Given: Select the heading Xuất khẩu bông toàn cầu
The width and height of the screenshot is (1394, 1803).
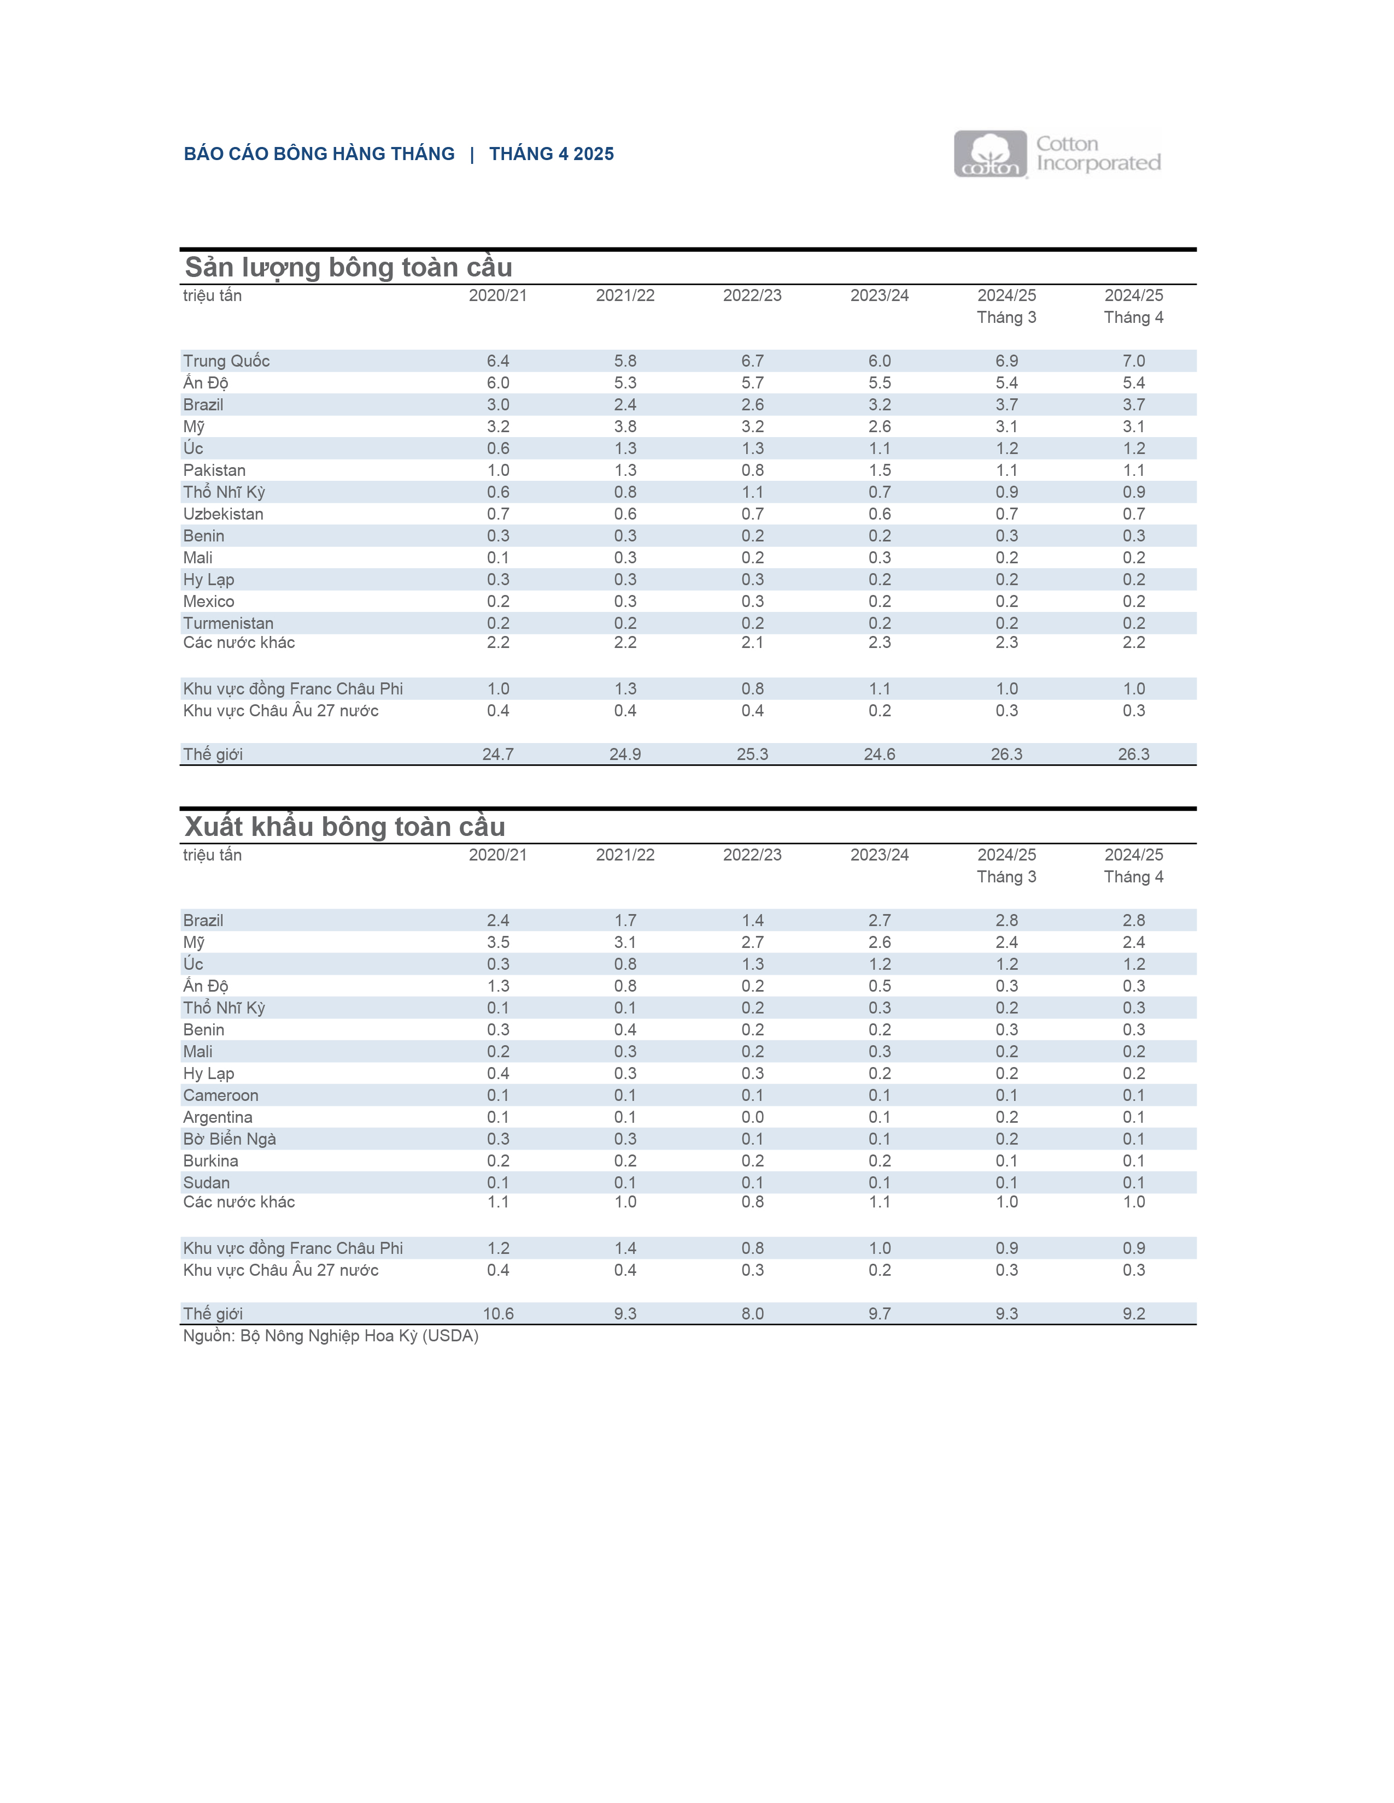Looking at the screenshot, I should (x=344, y=826).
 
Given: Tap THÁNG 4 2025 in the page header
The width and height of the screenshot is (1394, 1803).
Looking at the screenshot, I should (x=551, y=154).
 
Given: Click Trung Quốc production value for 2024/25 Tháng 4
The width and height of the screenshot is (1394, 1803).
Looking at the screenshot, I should (x=1133, y=361).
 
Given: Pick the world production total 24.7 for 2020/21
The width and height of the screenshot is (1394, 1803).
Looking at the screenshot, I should (x=498, y=754).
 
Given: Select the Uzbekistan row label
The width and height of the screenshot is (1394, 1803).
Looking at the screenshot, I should (x=223, y=514).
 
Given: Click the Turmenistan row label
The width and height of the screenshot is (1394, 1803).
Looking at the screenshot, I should (x=228, y=623).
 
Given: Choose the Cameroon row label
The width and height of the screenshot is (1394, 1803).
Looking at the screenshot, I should (x=220, y=1095).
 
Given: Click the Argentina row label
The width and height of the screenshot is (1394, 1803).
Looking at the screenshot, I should (x=218, y=1117).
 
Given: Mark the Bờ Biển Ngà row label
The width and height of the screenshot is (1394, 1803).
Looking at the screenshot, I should (x=230, y=1139).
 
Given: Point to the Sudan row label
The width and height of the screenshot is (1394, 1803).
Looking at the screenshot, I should (x=207, y=1182).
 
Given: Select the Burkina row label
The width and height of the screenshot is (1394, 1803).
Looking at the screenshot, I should (x=210, y=1160).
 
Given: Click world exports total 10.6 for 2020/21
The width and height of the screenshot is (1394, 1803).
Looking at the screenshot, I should (x=498, y=1313).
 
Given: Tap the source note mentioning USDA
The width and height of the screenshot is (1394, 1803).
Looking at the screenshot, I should (x=330, y=1336).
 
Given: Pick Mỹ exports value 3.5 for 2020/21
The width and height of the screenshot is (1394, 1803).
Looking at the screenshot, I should (x=498, y=942).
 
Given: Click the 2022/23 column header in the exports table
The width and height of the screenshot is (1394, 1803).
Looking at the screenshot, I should (x=752, y=855).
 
